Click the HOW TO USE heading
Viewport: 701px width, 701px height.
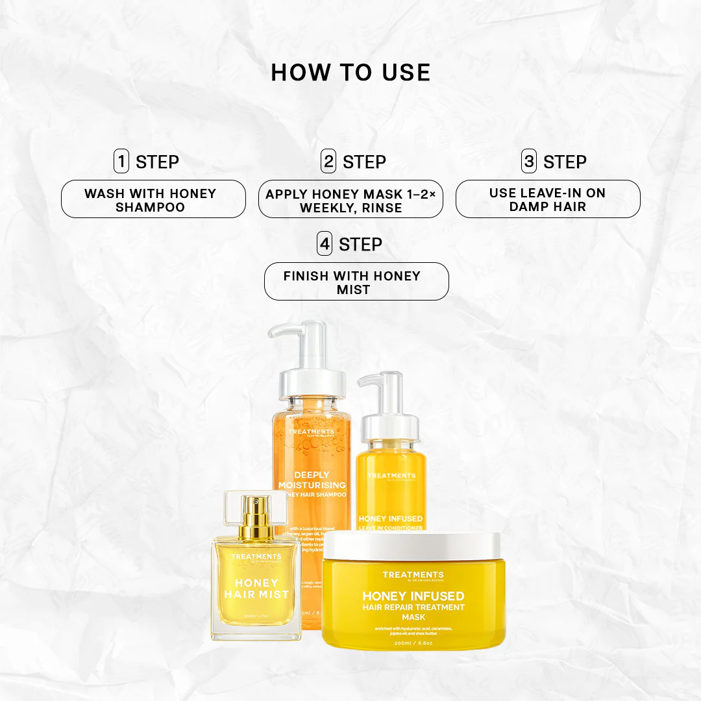pos(350,73)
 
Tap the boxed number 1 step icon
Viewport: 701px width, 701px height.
pos(121,161)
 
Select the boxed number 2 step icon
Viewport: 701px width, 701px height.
pos(328,161)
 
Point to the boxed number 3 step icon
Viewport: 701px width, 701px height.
pos(529,161)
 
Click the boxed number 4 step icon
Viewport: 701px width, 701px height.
pos(325,244)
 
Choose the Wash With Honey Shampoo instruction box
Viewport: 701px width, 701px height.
pos(153,199)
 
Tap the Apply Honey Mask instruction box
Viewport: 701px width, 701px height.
pos(350,200)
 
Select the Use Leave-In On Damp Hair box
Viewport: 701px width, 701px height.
pos(548,199)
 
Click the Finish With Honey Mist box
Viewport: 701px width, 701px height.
pos(356,282)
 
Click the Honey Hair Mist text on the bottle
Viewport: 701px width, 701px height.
pos(256,588)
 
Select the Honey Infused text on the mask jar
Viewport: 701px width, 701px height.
pos(413,596)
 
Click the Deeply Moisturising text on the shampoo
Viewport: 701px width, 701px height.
pos(311,480)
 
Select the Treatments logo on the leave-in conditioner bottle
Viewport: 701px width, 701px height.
pos(391,476)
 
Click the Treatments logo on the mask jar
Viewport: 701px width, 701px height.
pos(413,575)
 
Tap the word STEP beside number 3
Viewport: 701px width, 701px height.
pos(565,162)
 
